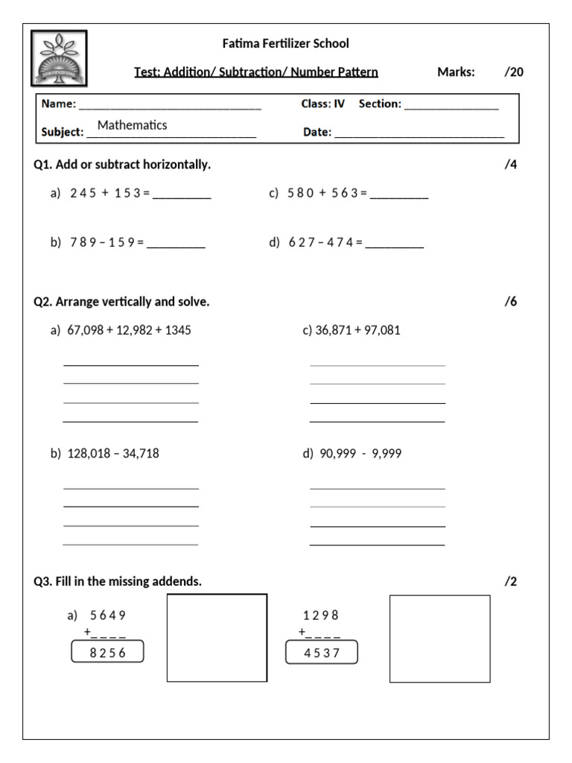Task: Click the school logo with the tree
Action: (x=59, y=57)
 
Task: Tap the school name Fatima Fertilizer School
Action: (x=285, y=44)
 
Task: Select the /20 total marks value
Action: (x=513, y=72)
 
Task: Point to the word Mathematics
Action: (x=132, y=125)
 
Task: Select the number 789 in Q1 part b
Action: (x=83, y=242)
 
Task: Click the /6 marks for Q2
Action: (x=510, y=302)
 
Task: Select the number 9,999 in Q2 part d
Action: (x=385, y=453)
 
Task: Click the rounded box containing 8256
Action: (x=107, y=653)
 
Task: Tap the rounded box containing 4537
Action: (x=322, y=653)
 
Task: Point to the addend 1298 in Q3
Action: (x=321, y=615)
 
